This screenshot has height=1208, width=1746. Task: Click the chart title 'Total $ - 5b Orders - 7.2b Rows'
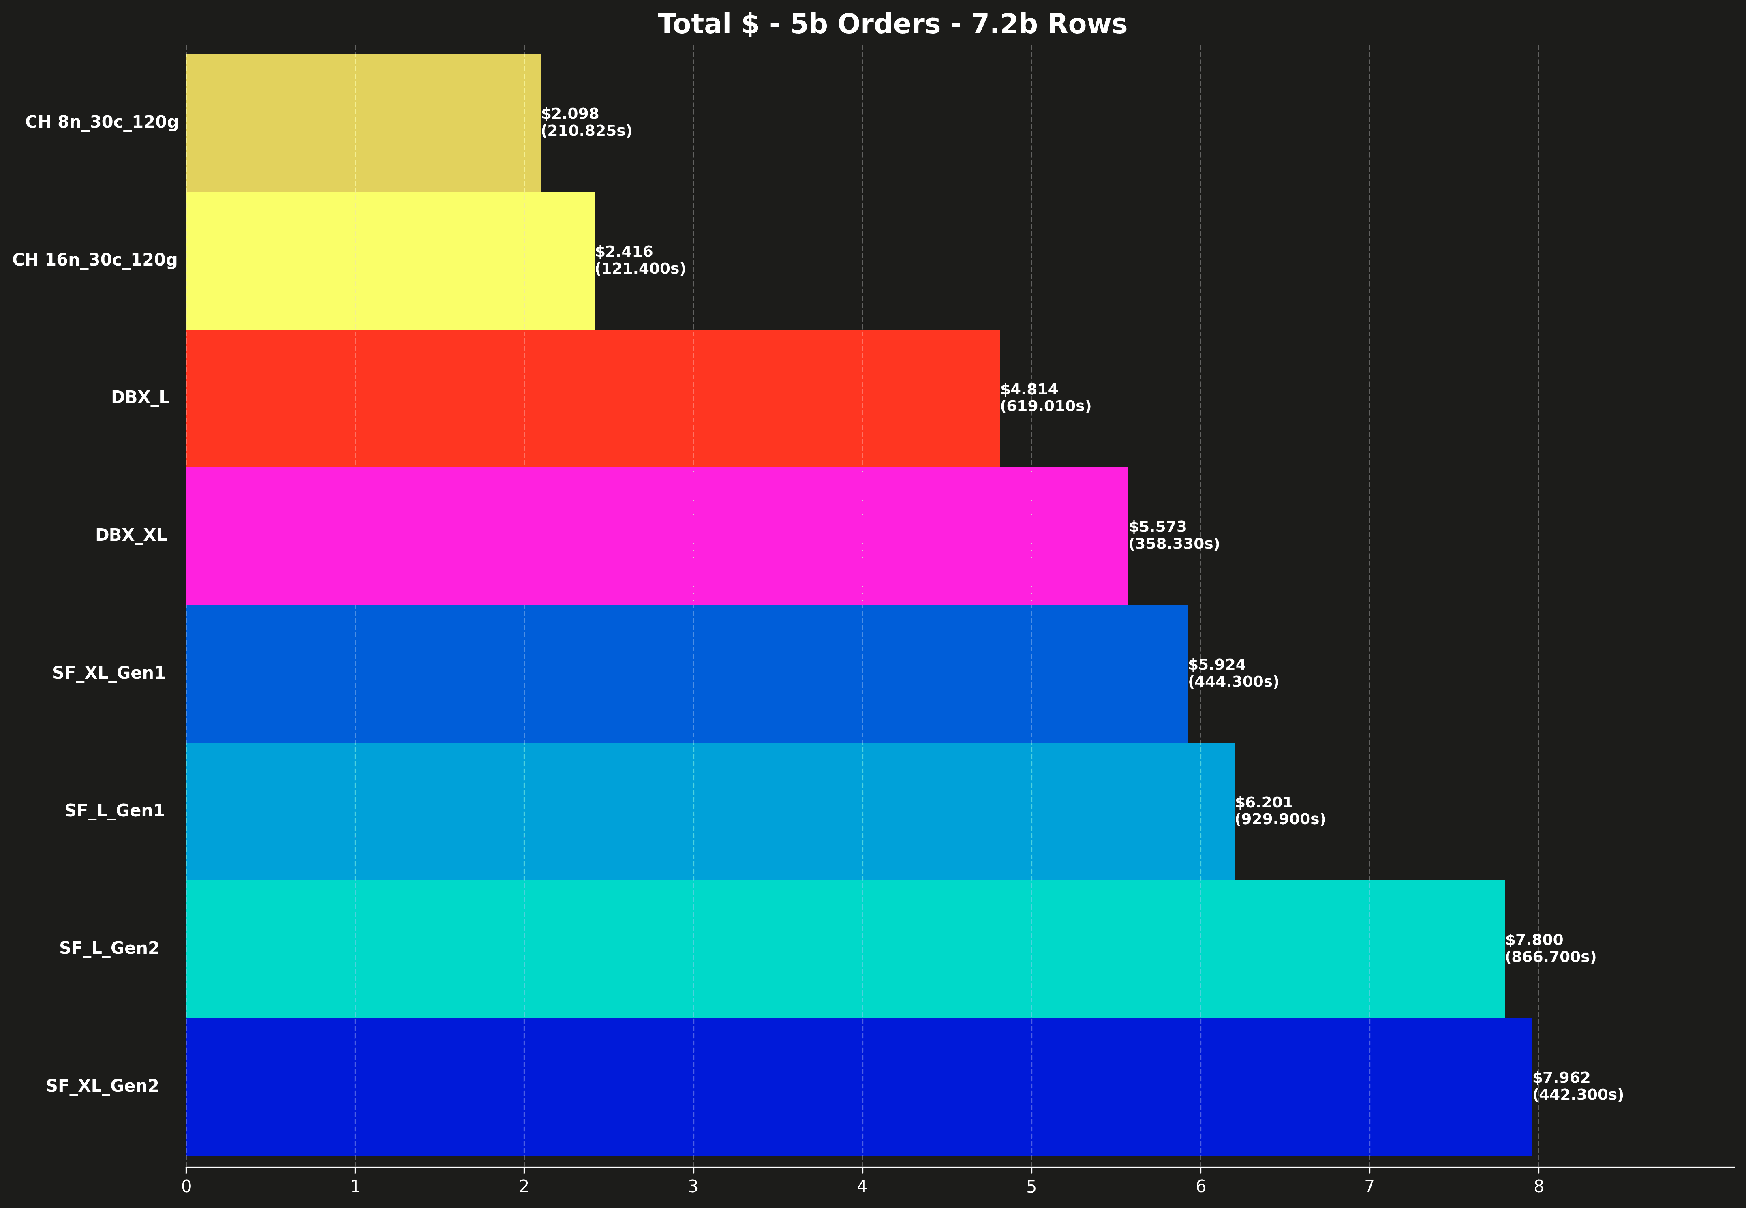892,24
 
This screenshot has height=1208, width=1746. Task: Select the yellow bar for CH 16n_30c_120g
390,260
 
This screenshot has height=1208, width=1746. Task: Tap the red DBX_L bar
593,398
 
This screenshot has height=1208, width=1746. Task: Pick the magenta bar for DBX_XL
657,536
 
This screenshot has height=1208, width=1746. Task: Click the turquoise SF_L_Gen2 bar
845,949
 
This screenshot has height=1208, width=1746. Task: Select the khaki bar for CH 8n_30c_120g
363,122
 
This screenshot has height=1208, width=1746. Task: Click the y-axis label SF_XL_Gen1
109,673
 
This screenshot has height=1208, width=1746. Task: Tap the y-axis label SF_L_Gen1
114,811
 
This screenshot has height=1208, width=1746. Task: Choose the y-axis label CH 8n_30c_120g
101,122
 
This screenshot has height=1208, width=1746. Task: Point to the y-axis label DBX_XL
131,535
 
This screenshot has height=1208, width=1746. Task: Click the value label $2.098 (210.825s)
586,122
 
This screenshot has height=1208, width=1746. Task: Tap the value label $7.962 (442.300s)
1577,1086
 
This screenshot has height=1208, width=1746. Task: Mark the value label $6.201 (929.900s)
1280,811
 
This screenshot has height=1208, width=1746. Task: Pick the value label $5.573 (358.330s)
1174,535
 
